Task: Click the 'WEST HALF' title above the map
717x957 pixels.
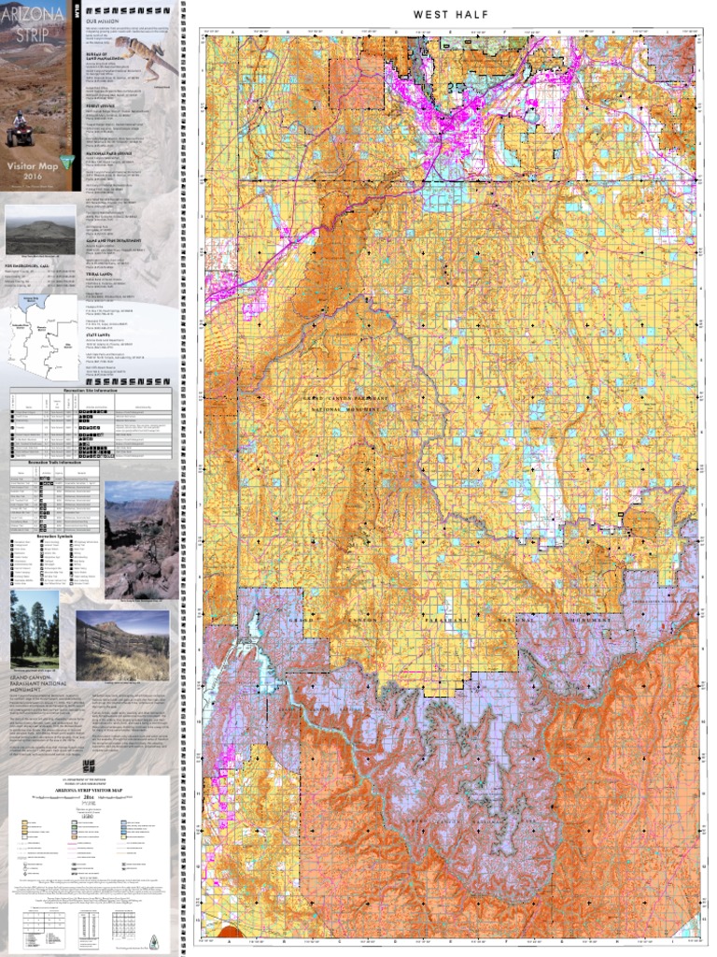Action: (x=451, y=15)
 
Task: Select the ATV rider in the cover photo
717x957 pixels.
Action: (x=20, y=130)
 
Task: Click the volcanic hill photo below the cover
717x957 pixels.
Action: (x=40, y=228)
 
